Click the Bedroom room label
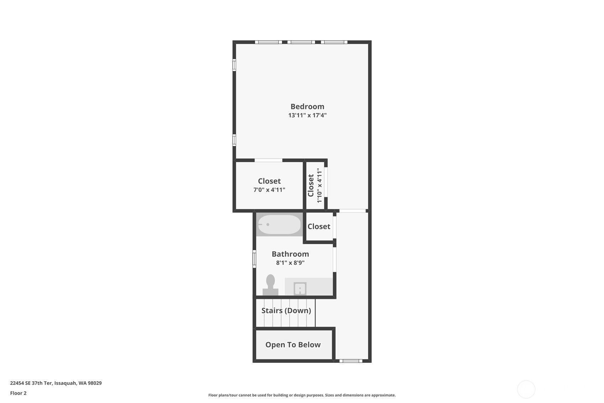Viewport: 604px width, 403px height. click(x=307, y=106)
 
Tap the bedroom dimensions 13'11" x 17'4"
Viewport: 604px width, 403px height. click(x=308, y=115)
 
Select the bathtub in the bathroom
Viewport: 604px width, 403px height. click(x=279, y=224)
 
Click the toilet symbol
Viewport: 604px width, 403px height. click(x=271, y=285)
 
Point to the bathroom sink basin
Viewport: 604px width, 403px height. click(x=300, y=289)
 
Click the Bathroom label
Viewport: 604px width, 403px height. click(x=290, y=254)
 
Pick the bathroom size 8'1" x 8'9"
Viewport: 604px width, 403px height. click(x=290, y=263)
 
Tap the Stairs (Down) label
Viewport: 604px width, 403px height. click(x=286, y=310)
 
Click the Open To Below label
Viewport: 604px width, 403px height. click(x=293, y=345)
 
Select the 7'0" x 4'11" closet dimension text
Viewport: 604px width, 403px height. click(x=269, y=190)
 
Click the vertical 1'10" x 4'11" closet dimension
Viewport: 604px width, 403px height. click(x=320, y=185)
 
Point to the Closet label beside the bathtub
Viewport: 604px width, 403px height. click(x=319, y=227)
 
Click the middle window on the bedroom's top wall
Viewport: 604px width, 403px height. click(x=301, y=42)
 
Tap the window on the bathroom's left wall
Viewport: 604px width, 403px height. click(x=254, y=259)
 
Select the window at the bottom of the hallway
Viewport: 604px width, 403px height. click(x=351, y=361)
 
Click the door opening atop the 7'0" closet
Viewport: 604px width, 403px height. click(x=269, y=160)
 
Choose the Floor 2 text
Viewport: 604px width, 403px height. click(x=19, y=393)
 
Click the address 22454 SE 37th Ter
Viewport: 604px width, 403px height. click(x=31, y=383)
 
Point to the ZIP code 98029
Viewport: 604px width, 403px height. click(x=95, y=383)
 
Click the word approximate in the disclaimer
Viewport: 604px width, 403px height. click(x=383, y=395)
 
